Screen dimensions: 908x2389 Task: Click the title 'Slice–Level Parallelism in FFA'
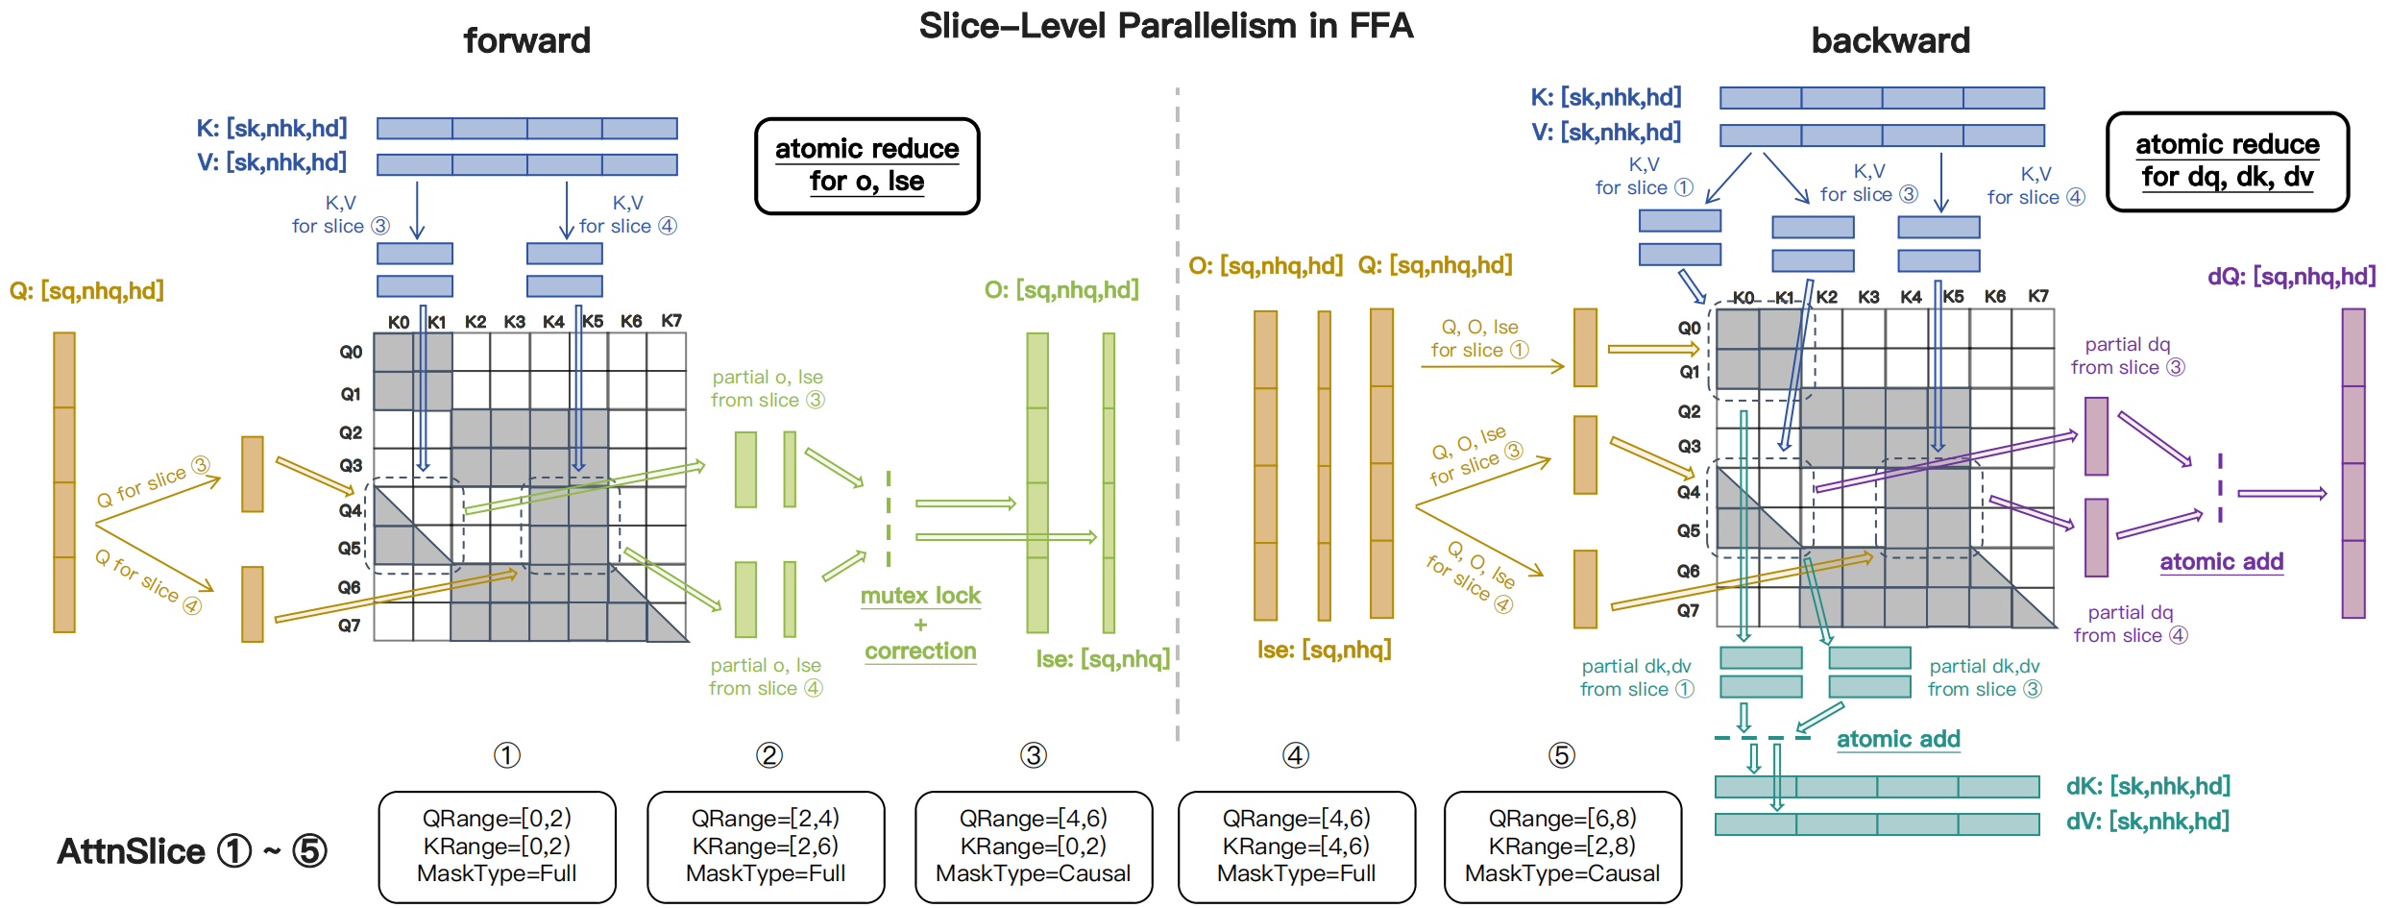[1165, 26]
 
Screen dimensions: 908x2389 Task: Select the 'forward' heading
[526, 41]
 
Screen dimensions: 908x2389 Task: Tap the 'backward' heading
[1889, 41]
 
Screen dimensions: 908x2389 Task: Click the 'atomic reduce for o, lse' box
[866, 165]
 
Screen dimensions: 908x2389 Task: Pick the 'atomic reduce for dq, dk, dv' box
[2227, 161]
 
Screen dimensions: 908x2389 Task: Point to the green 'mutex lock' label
[920, 596]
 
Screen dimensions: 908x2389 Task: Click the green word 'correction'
[920, 651]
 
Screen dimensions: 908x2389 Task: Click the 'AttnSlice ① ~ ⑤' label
[192, 851]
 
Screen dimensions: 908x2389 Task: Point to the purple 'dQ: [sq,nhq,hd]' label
[2291, 277]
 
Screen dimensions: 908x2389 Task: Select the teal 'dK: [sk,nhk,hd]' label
[2148, 786]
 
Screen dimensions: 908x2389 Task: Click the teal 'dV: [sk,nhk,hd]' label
[2148, 822]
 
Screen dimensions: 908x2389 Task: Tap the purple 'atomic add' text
[2221, 562]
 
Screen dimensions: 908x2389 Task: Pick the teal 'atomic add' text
[1898, 739]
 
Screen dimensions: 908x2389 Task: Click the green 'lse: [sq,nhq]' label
[1103, 659]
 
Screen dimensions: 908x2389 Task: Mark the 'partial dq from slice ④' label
[2130, 624]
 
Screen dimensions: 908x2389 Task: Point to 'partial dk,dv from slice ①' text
[1637, 677]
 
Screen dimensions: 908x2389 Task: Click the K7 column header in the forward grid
[671, 321]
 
